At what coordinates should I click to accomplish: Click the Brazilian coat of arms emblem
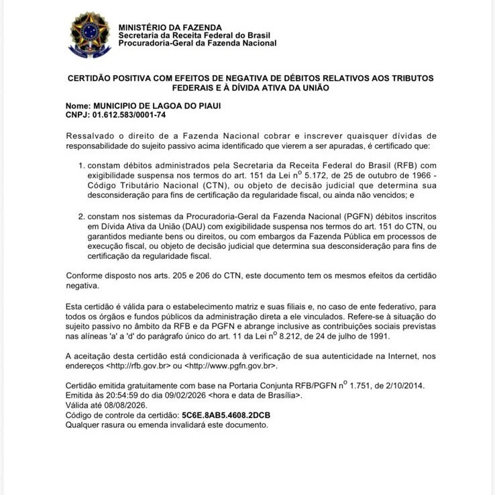coord(90,35)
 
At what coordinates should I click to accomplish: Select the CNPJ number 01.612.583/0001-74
coord(129,115)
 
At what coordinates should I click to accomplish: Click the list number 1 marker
coord(82,165)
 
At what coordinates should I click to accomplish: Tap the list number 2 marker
coord(82,217)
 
